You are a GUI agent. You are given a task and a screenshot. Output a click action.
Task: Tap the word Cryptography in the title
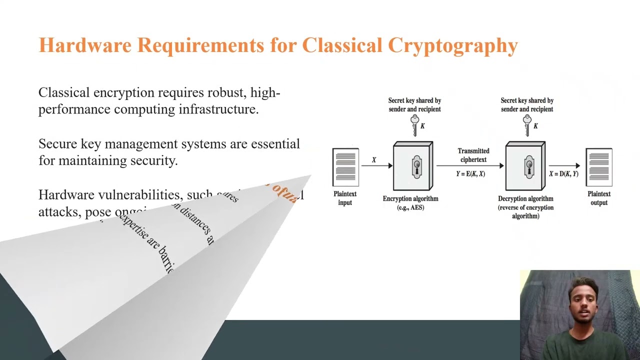coord(452,46)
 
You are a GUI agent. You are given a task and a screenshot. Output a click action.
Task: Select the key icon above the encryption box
coord(414,125)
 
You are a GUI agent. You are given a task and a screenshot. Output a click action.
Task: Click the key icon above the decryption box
coord(527,125)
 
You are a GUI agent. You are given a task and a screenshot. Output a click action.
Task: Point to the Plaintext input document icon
coord(345,166)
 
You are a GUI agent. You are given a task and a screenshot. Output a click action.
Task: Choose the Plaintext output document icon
coord(599,166)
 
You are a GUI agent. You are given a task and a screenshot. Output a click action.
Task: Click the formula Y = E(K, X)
coord(470,174)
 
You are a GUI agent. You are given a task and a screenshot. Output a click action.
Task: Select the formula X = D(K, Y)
coord(563,174)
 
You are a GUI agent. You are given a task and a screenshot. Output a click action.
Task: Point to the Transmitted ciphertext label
coord(473,155)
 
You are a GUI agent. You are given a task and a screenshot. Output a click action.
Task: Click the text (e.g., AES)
coord(410,207)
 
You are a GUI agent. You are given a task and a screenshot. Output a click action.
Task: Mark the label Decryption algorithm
coord(525,198)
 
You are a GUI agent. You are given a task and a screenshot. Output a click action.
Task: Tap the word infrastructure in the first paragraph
coord(218,109)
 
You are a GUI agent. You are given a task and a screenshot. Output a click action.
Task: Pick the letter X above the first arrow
coord(373,160)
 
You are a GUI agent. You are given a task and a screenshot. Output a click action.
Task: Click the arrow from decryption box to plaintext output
coord(564,165)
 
